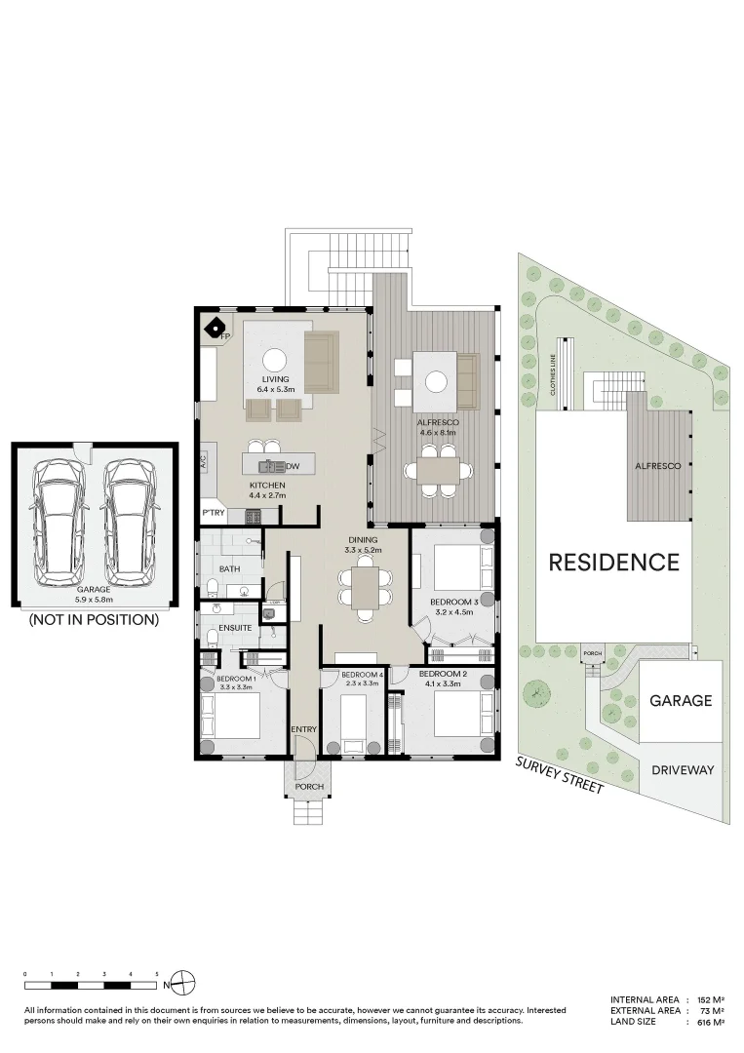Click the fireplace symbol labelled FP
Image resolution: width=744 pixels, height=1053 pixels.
(215, 327)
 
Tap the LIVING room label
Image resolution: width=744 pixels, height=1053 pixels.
(275, 378)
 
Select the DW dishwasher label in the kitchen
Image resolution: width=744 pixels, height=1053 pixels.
(293, 466)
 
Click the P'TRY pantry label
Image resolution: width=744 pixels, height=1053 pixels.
(213, 513)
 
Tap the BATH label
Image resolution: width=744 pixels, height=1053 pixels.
(230, 568)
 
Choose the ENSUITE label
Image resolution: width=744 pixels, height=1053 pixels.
(235, 629)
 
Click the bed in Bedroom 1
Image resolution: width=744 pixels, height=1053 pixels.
(231, 717)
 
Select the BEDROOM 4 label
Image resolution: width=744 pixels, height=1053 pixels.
(362, 675)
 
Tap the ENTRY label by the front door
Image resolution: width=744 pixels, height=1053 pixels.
(304, 729)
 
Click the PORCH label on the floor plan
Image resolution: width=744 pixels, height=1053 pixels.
(309, 787)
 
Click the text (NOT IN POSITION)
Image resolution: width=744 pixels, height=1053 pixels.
(94, 619)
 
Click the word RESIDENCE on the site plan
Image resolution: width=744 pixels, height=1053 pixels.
(613, 563)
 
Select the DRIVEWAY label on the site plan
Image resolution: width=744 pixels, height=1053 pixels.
(683, 770)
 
